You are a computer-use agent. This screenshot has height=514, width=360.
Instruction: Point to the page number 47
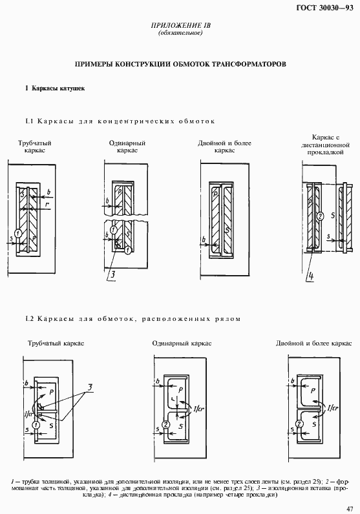coord(349,508)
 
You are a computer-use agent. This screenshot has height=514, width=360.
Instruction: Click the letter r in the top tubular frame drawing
coord(49,204)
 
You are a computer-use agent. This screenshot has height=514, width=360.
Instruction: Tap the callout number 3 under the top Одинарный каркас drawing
coord(112,276)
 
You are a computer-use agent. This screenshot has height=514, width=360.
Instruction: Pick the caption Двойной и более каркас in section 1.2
coord(313,344)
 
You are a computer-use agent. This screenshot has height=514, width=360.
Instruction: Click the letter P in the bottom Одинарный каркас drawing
coord(180,390)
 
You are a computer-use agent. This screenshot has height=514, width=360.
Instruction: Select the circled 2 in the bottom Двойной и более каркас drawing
coord(299,424)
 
